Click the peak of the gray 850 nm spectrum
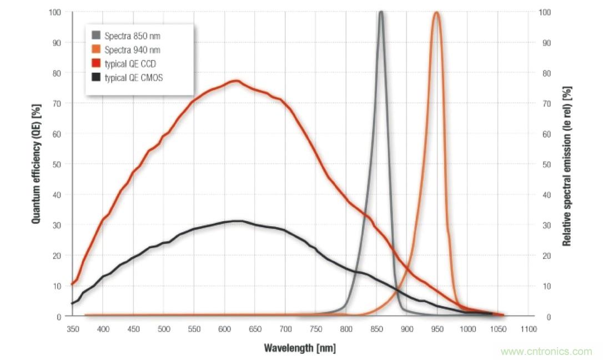[381, 12]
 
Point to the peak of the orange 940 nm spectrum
[436, 13]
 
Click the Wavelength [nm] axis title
[300, 348]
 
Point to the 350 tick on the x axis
[73, 329]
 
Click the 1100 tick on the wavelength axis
[529, 329]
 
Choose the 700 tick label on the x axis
[285, 329]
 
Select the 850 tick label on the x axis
[376, 329]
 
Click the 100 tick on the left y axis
[55, 12]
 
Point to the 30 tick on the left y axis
[57, 225]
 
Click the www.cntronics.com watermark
[546, 351]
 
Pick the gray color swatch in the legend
[96, 36]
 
